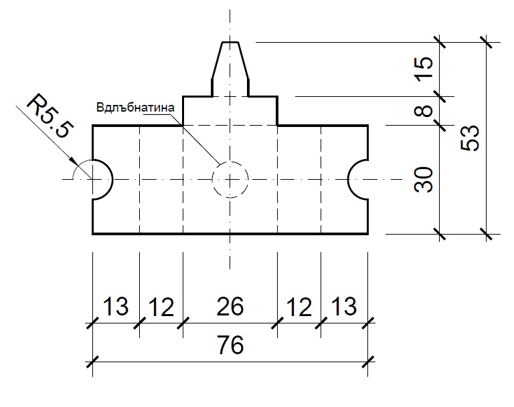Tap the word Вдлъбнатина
(x=135, y=108)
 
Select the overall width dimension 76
(x=230, y=345)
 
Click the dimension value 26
(x=230, y=307)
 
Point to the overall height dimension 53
(x=470, y=138)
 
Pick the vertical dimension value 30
(x=423, y=179)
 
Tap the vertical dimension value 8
(x=423, y=111)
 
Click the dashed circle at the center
(x=230, y=162)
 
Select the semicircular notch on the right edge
(x=348, y=179)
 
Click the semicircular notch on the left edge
(x=112, y=179)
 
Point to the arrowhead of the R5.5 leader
(x=74, y=162)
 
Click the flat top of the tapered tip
(x=230, y=42)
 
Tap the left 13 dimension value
(x=116, y=307)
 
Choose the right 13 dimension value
(x=344, y=307)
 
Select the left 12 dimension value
(x=161, y=307)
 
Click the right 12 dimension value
(x=298, y=307)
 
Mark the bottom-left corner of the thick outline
(x=93, y=234)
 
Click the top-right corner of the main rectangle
(x=368, y=126)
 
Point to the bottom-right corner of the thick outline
(x=368, y=234)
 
